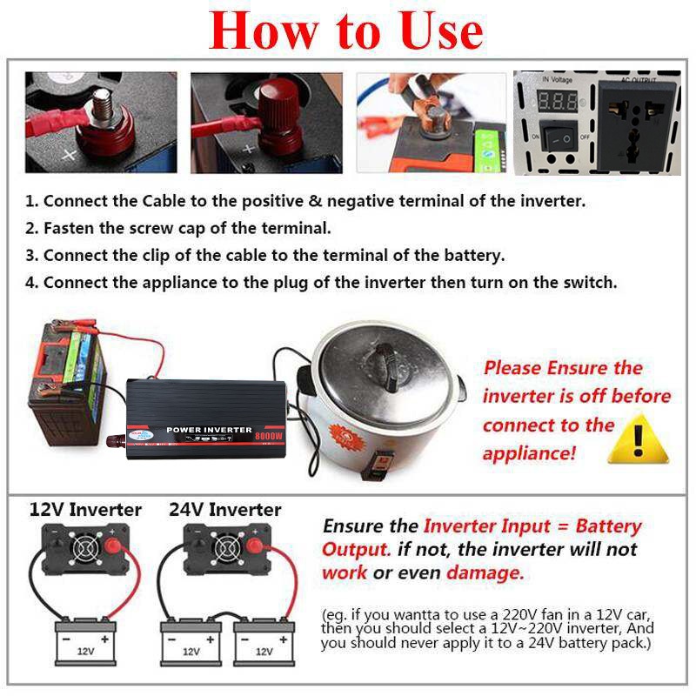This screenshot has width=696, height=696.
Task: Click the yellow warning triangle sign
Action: point(638,440)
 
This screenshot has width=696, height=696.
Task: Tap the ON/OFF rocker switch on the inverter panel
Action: point(560,137)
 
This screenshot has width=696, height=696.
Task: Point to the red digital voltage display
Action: point(558,101)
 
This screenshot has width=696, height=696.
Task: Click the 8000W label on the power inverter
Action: point(269,436)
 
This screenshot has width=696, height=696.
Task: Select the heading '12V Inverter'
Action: point(85,510)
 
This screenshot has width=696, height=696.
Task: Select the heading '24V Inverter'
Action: point(225,510)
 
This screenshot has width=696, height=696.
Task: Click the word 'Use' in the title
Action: point(441,31)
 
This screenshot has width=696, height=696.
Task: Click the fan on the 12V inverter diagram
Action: point(84,548)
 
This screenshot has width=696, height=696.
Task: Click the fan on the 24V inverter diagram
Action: point(227,548)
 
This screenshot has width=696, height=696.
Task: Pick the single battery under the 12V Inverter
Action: point(85,642)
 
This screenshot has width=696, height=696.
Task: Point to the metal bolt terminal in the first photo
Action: point(102,104)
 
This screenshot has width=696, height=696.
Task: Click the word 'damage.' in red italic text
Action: point(485,572)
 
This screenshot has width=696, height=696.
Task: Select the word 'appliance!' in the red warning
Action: point(529,453)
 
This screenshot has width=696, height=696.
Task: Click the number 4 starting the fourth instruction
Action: point(30,282)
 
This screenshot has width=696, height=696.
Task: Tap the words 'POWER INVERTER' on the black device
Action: point(209,430)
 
